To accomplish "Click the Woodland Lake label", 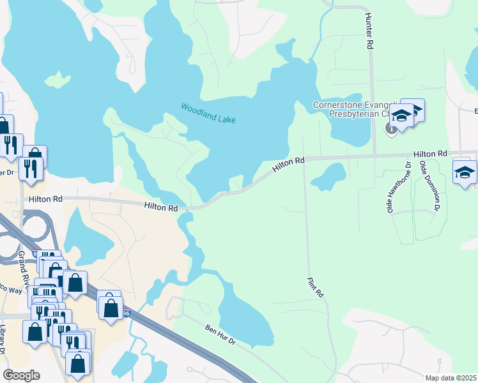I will pos(208,114).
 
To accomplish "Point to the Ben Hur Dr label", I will pos(220,336).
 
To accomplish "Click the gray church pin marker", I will pos(391,129).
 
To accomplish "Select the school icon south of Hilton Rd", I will pos(465,172).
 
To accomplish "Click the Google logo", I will pos(21,375).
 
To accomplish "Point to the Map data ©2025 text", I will pos(451,378).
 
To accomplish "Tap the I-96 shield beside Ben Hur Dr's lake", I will pos(127,312).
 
